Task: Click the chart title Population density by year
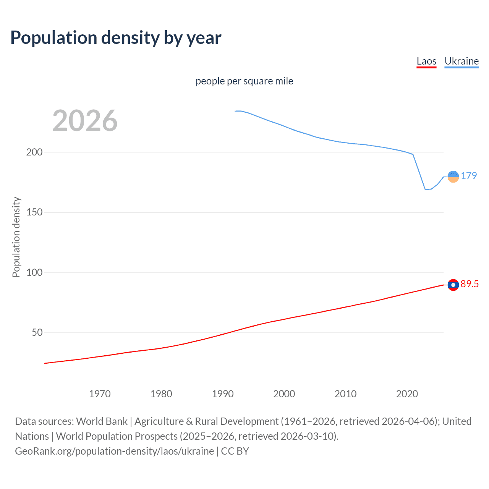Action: click(116, 38)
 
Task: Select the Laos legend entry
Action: click(426, 61)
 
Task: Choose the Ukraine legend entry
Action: click(461, 61)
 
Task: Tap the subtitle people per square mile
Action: click(244, 81)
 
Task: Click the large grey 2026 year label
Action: click(85, 121)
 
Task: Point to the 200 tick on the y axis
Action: click(34, 152)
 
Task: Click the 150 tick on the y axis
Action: click(34, 212)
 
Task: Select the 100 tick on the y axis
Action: click(34, 272)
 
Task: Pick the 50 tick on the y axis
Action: click(37, 332)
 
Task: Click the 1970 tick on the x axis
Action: click(100, 394)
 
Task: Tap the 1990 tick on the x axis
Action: click(223, 394)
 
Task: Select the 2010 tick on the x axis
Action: click(345, 394)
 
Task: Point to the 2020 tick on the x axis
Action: click(407, 394)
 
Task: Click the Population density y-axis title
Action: click(16, 237)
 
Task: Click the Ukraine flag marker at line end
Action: click(453, 176)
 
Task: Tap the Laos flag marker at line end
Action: click(453, 285)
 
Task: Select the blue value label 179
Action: click(469, 176)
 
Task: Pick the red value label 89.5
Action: click(470, 284)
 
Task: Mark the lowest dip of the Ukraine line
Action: click(425, 189)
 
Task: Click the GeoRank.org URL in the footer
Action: click(115, 451)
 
